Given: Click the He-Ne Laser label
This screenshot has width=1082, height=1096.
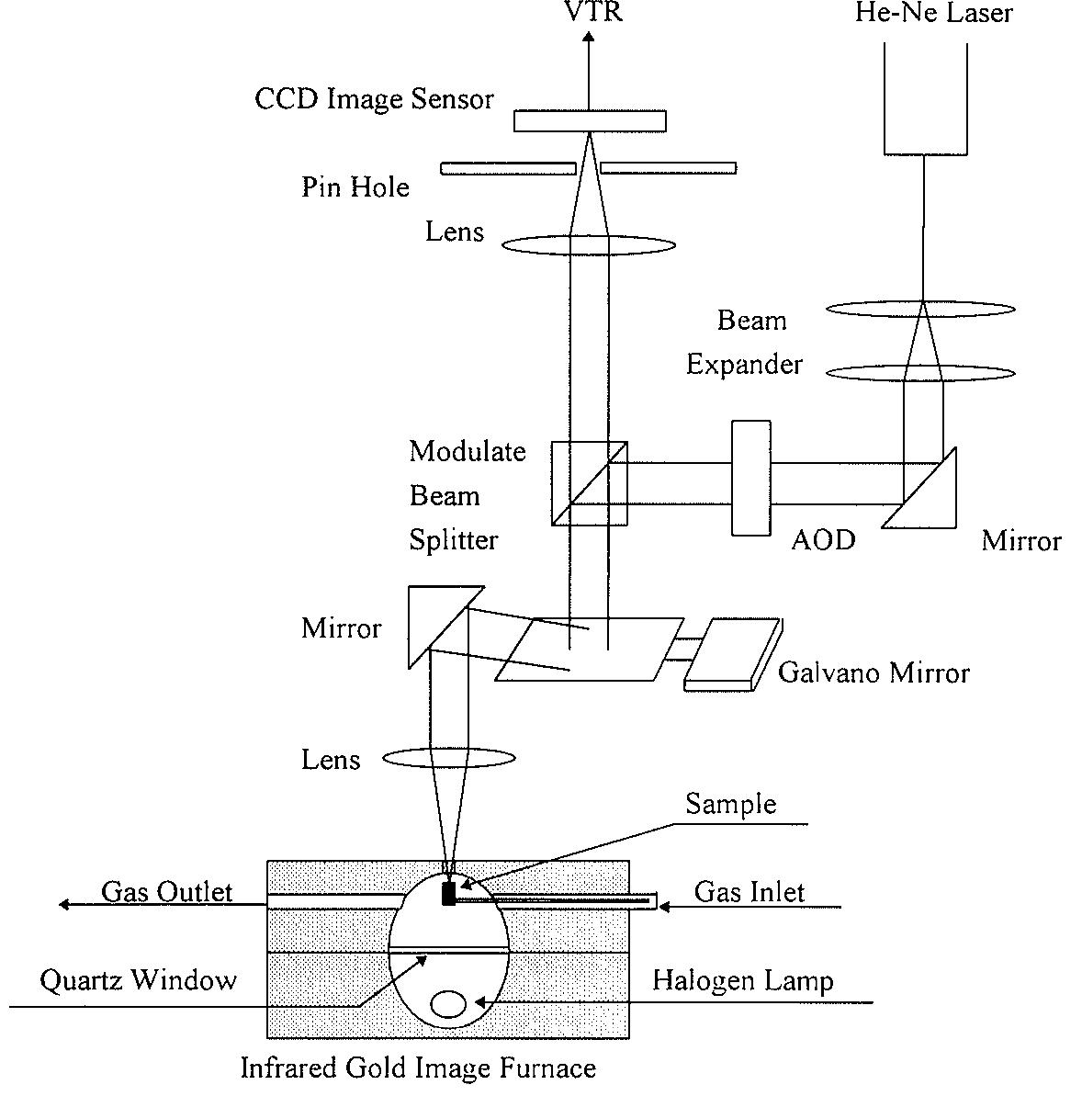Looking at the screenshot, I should pos(933,13).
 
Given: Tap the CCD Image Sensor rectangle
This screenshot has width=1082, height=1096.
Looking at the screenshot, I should pos(590,120).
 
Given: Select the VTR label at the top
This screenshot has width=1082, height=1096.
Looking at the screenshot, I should pos(592,12).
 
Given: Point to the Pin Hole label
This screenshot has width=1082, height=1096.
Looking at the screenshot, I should pos(355,187).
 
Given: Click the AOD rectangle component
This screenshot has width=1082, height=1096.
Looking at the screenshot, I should pos(750,478).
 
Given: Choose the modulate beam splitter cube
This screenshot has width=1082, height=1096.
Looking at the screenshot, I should pos(590,483).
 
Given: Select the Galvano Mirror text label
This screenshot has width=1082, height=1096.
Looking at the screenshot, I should pos(873,673).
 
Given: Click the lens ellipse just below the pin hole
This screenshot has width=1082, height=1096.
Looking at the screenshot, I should pos(589,245).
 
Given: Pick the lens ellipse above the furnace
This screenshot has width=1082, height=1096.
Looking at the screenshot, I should pos(448,759).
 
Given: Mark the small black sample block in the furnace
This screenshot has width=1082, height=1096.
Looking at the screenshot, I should pos(448,894).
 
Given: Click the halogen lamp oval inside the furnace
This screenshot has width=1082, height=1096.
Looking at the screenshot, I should pos(448,1004).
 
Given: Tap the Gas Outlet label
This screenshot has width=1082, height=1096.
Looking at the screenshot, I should pos(166,891).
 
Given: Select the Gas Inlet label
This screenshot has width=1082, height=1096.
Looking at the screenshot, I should pos(750,891).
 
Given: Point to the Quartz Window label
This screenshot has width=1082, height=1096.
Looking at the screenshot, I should pos(138,980).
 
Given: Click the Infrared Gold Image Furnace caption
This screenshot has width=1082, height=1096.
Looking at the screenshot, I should pos(418,1068).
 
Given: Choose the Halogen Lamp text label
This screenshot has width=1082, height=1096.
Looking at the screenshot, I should pos(743,981).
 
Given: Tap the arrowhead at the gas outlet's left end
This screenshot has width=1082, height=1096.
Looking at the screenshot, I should pos(65,905).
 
